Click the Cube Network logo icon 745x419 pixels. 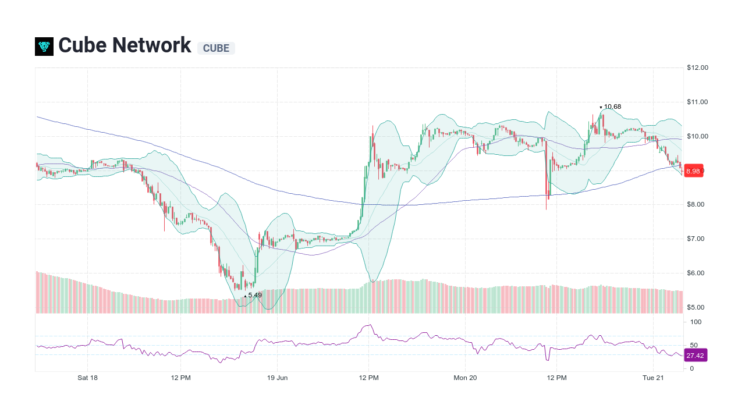(x=44, y=47)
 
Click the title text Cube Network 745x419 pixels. (x=125, y=45)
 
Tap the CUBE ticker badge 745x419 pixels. (x=216, y=48)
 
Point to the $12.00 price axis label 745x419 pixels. (x=697, y=68)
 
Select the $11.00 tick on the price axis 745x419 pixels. (x=697, y=102)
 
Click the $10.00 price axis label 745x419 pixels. (x=697, y=136)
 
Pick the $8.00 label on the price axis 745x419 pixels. (x=697, y=204)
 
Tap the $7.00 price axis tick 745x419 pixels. (x=697, y=239)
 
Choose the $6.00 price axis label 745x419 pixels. (x=697, y=273)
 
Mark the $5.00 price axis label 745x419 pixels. (x=697, y=307)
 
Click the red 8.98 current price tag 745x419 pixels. (x=693, y=171)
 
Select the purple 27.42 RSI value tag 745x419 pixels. (x=695, y=356)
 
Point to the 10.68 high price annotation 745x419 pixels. (x=612, y=106)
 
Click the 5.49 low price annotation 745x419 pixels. (x=255, y=295)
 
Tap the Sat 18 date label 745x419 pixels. (x=87, y=378)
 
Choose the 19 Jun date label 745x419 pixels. (x=277, y=378)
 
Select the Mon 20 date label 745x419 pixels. (x=465, y=378)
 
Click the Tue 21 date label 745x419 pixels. (x=653, y=378)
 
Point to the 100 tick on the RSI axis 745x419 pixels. (x=696, y=322)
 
